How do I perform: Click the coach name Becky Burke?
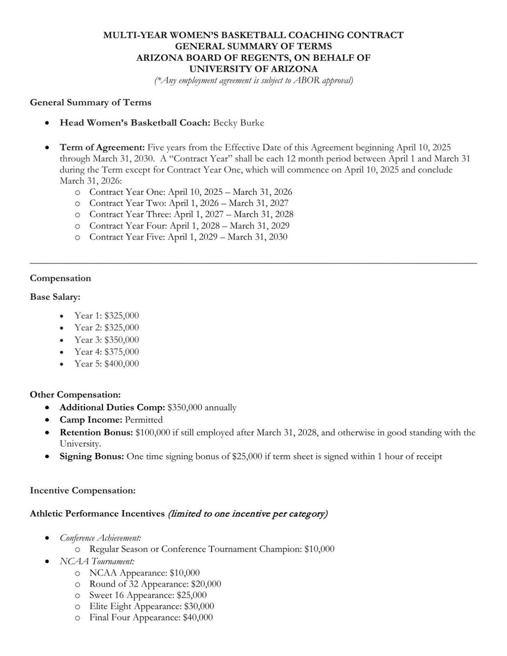(238, 123)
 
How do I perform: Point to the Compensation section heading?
(60, 278)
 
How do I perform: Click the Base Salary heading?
(55, 297)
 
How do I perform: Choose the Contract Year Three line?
(191, 214)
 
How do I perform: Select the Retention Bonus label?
(96, 433)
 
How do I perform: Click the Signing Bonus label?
(92, 456)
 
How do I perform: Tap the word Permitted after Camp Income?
(144, 420)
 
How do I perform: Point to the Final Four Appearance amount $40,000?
(198, 618)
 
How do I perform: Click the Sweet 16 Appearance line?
(148, 595)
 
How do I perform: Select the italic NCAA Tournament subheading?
(97, 561)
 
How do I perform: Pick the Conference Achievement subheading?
(101, 538)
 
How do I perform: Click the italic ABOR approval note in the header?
(253, 81)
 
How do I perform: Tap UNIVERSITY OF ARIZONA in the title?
(253, 69)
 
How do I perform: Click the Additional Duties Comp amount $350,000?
(185, 408)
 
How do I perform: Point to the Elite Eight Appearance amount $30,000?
(199, 607)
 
